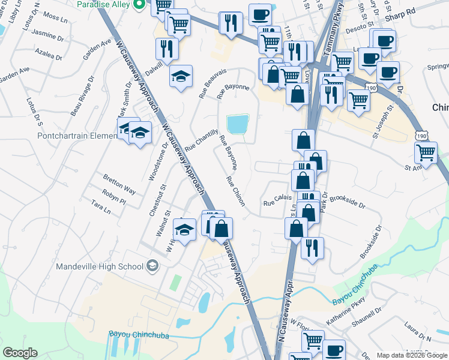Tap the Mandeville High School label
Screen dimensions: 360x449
100,266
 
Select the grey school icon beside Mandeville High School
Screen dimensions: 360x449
152,266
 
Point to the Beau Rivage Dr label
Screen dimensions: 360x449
82,95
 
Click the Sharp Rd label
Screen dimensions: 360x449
402,11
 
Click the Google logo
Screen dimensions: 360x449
20,353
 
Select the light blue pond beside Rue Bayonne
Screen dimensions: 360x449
238,125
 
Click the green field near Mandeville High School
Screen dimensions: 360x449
175,283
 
